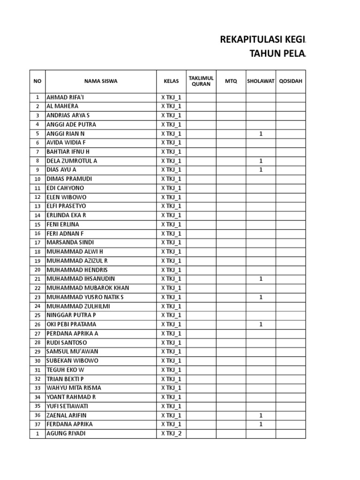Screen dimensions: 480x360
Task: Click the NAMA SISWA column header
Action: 101,81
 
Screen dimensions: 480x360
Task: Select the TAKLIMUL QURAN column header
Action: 201,81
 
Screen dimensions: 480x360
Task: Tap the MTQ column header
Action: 231,81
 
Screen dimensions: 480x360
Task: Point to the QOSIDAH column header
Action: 291,81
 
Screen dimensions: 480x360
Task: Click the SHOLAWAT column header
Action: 261,81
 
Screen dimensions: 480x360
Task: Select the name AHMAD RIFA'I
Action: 66,97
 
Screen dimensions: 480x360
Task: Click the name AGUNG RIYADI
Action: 66,434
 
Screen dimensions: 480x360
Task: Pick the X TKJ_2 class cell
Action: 171,434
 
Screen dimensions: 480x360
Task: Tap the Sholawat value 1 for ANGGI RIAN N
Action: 261,134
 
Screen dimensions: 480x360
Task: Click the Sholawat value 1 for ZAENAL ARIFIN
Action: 261,415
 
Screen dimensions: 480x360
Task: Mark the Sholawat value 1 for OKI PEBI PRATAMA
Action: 261,324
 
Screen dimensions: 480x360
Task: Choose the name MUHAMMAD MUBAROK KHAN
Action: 88,288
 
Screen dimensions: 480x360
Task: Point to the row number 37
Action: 37,424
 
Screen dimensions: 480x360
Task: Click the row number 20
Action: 37,270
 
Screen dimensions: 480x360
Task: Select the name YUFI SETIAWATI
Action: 69,406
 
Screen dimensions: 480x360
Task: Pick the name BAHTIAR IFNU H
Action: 68,151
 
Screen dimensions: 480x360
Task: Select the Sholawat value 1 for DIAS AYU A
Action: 261,170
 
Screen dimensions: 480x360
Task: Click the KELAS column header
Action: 171,81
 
